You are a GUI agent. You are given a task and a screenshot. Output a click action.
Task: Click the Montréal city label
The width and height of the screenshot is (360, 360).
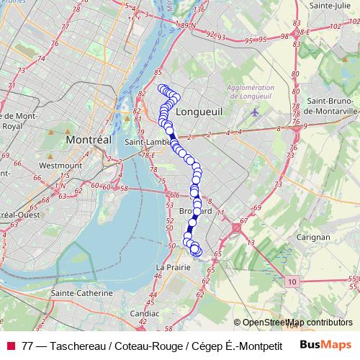[x=88, y=139]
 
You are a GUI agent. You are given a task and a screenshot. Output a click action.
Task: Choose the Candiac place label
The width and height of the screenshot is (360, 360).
[x=146, y=313]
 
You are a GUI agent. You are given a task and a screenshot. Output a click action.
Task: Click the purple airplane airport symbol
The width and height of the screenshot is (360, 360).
[x=254, y=112]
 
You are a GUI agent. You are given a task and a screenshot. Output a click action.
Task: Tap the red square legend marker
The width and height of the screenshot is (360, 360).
[x=10, y=344]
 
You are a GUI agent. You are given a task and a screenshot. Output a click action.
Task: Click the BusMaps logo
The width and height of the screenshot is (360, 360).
[x=325, y=344]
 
